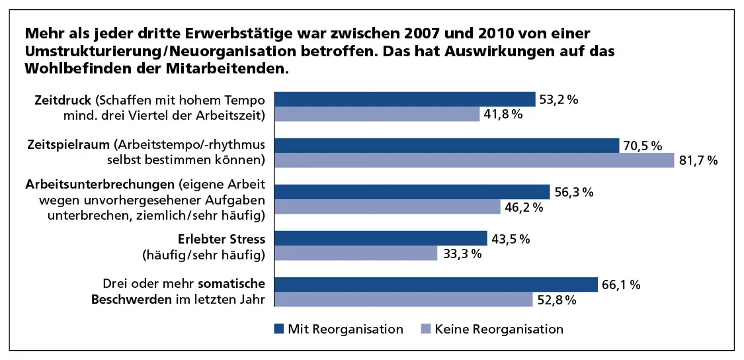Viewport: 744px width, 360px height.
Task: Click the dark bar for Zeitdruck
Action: point(405,99)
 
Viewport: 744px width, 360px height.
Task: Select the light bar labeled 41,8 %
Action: point(377,114)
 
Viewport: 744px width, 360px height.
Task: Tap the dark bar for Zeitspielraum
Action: point(446,146)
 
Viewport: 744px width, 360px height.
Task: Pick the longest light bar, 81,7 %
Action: point(474,161)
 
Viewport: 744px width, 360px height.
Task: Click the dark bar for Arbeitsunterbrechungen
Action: point(412,192)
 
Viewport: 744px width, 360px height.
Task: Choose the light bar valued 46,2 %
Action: point(388,207)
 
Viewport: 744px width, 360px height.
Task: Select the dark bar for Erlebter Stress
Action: point(380,238)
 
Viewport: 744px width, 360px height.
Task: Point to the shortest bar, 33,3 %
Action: point(356,253)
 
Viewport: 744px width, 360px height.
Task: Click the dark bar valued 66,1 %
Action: point(436,285)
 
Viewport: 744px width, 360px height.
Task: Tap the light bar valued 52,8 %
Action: point(403,300)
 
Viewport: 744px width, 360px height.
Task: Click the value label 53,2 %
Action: point(559,100)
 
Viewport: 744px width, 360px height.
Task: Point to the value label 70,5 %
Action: point(643,146)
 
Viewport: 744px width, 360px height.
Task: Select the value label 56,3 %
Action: point(573,193)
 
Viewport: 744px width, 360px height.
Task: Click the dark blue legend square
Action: point(278,329)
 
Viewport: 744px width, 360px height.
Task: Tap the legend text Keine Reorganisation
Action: point(499,329)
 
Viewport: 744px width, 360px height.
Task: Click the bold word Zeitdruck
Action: point(64,101)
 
